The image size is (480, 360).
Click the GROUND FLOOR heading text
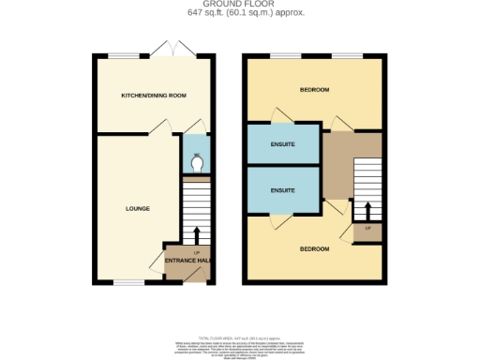(239, 5)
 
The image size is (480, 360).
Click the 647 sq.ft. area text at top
(239, 13)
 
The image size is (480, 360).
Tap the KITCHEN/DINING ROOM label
(154, 96)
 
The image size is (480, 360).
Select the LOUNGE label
(138, 207)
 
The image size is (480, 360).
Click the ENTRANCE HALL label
(187, 260)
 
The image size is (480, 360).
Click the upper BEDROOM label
(313, 90)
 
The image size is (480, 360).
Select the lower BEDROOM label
(313, 248)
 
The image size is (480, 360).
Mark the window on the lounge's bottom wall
(128, 281)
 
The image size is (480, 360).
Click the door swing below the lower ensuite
(277, 221)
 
